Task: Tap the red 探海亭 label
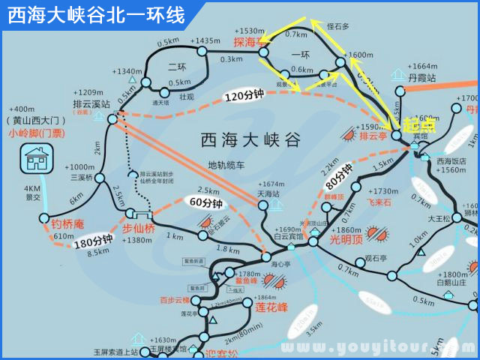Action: [250, 41]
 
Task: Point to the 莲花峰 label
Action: [271, 307]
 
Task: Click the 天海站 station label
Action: [268, 193]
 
